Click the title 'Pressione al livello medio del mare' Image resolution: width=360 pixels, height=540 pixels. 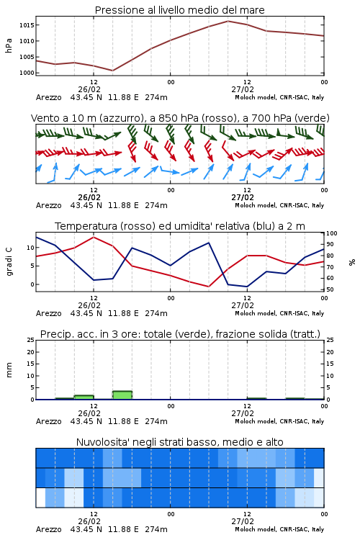click(x=179, y=10)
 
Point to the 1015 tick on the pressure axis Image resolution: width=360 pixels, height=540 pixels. click(x=27, y=25)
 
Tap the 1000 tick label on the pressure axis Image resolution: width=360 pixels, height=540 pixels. click(x=27, y=73)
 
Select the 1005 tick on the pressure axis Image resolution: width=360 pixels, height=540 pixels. click(x=27, y=57)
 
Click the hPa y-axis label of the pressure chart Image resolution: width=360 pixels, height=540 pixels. click(x=9, y=45)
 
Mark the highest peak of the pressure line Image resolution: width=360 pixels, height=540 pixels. click(x=228, y=21)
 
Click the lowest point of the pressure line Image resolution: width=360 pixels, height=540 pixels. click(x=112, y=71)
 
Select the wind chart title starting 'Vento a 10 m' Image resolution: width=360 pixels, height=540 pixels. click(x=180, y=118)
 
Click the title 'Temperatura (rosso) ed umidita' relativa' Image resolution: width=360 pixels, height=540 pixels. click(x=180, y=226)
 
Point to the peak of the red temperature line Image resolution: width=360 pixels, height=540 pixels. click(x=94, y=237)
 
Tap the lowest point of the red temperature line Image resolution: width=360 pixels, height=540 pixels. click(x=209, y=287)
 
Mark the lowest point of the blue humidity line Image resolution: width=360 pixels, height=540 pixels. click(x=247, y=287)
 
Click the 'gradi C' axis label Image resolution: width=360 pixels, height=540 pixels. click(x=9, y=261)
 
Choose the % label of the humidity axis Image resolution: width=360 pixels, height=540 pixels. click(x=352, y=262)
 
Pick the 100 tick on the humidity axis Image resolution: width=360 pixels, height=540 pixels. click(x=332, y=233)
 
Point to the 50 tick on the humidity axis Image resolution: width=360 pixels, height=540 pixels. click(x=330, y=289)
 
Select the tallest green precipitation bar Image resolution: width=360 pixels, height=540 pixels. click(x=122, y=395)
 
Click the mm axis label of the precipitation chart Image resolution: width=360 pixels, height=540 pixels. click(x=9, y=370)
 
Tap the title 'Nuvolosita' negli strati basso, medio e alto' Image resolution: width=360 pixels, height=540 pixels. click(x=179, y=442)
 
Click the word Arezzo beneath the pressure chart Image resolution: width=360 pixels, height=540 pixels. click(x=48, y=97)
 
